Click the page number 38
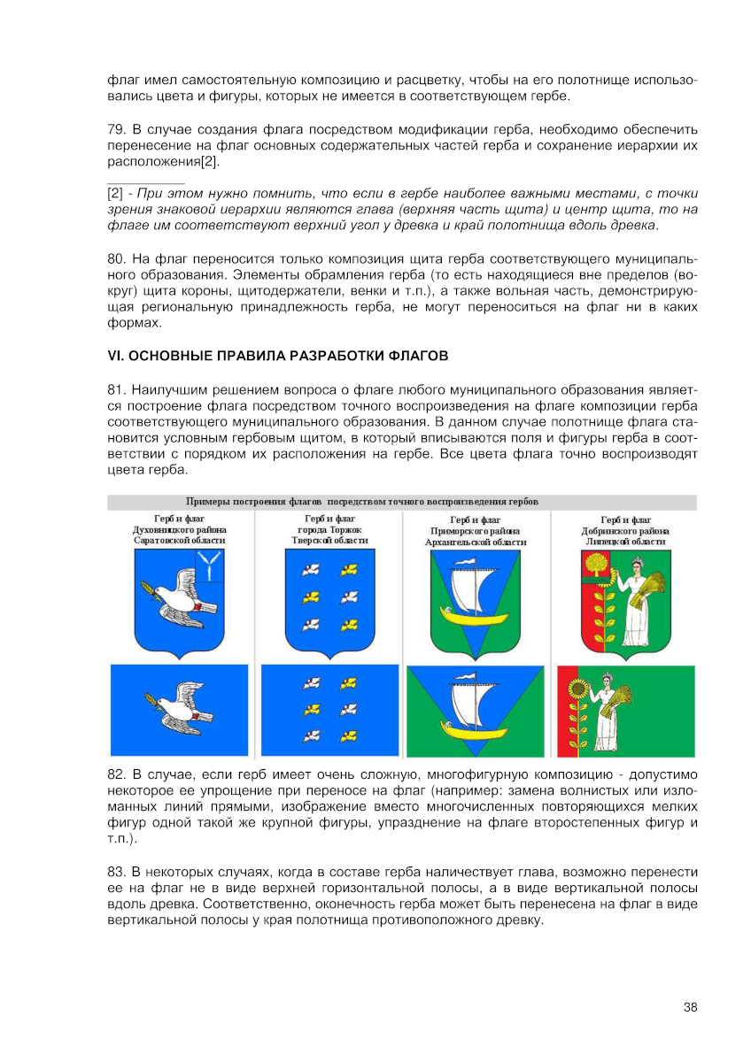click(x=690, y=1006)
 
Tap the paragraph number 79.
click(x=115, y=130)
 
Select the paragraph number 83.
click(x=115, y=873)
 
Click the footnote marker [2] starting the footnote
click(x=115, y=193)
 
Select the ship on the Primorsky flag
click(x=476, y=710)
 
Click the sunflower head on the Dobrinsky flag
click(x=577, y=689)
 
